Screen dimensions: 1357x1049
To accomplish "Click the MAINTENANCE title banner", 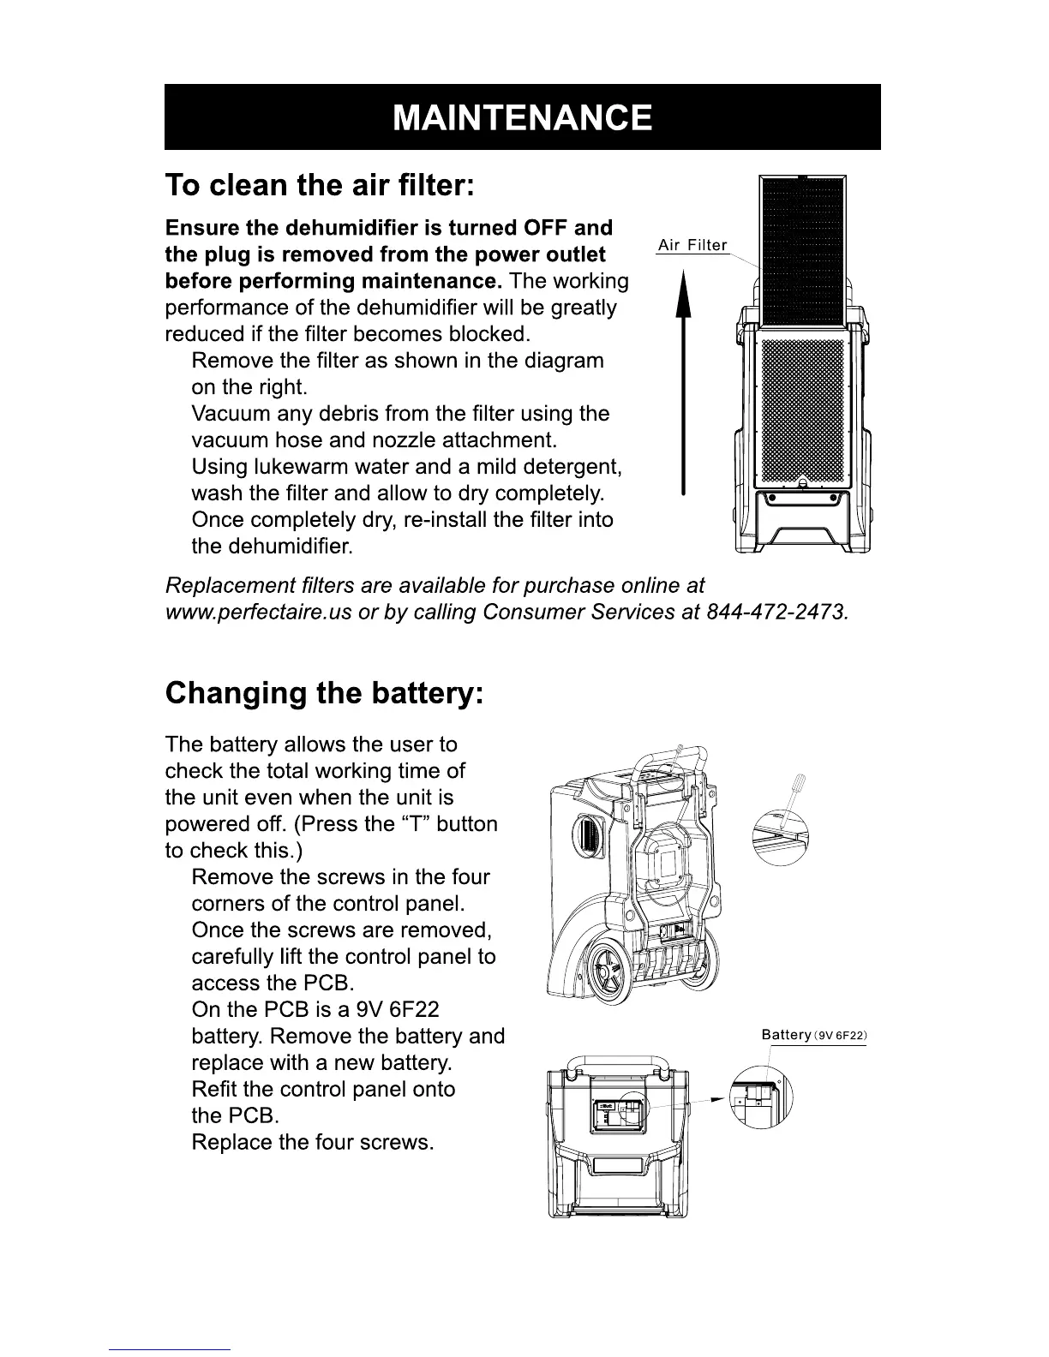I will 522,117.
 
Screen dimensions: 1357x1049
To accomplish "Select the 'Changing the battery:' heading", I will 325,692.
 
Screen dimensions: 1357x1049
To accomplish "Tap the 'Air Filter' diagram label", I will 692,246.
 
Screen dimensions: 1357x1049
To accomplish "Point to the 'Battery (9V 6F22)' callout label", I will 813,1035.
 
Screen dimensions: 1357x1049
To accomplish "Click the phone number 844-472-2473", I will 776,613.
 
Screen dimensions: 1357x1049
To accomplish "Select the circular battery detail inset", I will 761,1097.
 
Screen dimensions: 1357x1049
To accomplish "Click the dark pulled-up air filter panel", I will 803,253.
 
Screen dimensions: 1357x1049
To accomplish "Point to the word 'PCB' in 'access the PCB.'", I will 329,983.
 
